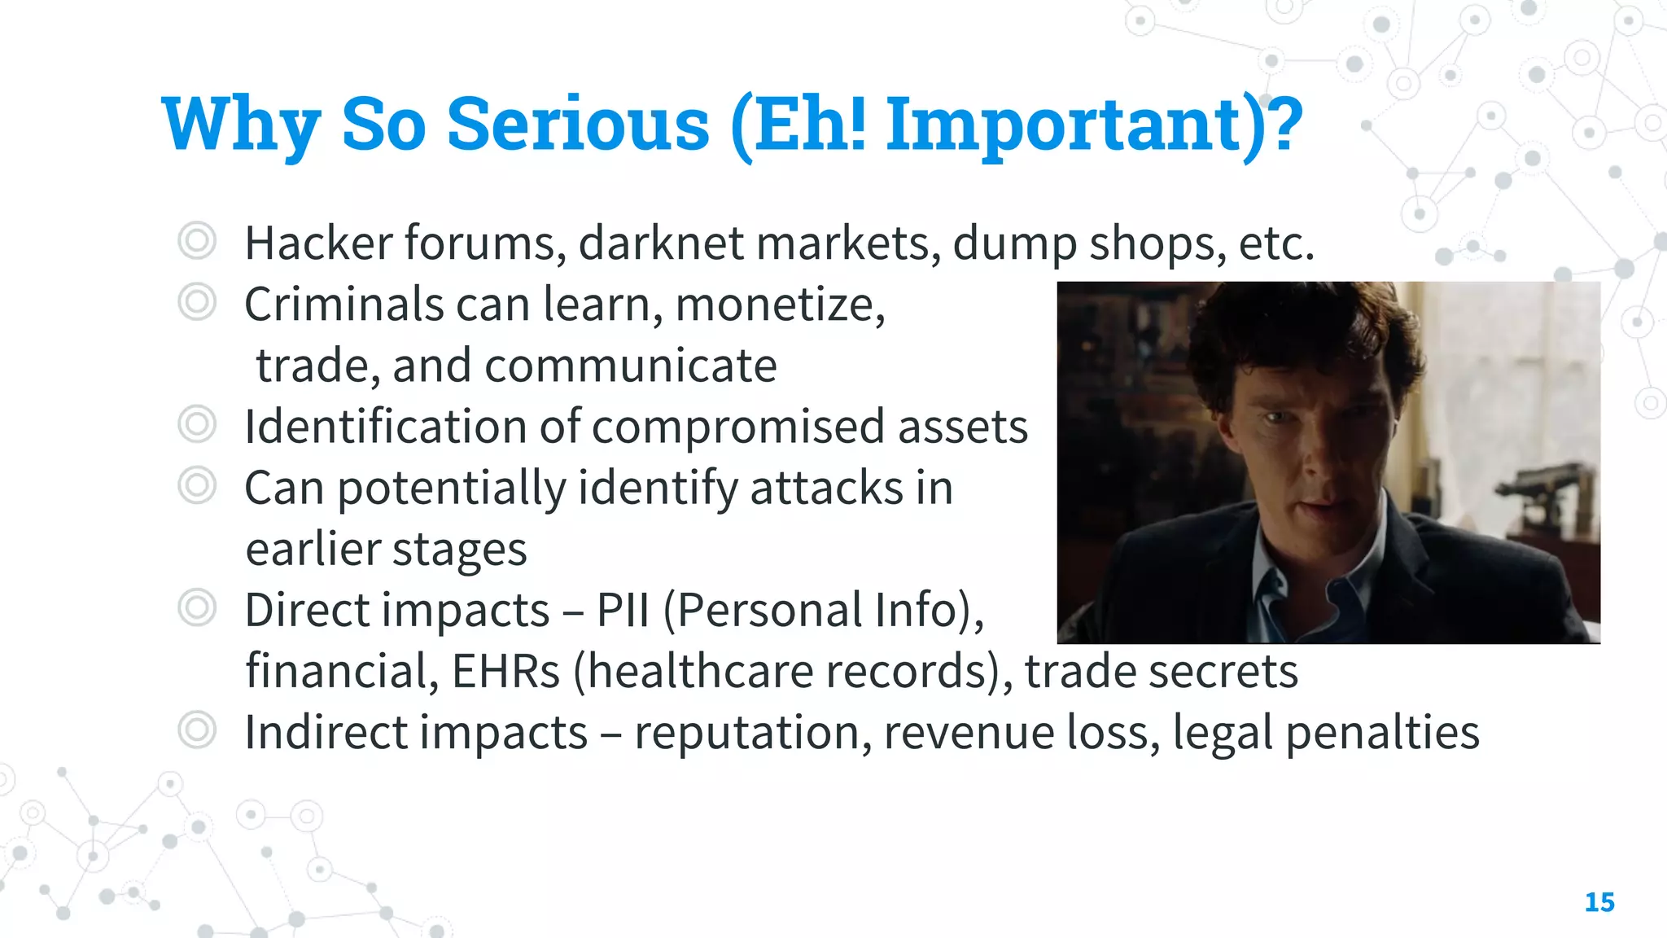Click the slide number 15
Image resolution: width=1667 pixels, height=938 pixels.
pyautogui.click(x=1599, y=902)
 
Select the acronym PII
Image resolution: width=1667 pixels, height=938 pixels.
pyautogui.click(x=623, y=610)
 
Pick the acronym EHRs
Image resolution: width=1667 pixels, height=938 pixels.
pyautogui.click(x=505, y=671)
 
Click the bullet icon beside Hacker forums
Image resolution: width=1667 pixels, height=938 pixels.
pyautogui.click(x=197, y=241)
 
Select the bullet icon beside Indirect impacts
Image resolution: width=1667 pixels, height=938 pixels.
pyautogui.click(x=197, y=730)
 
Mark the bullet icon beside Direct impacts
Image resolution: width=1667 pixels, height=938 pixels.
pyautogui.click(x=197, y=608)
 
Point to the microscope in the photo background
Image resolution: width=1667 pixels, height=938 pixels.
pyautogui.click(x=1538, y=497)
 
